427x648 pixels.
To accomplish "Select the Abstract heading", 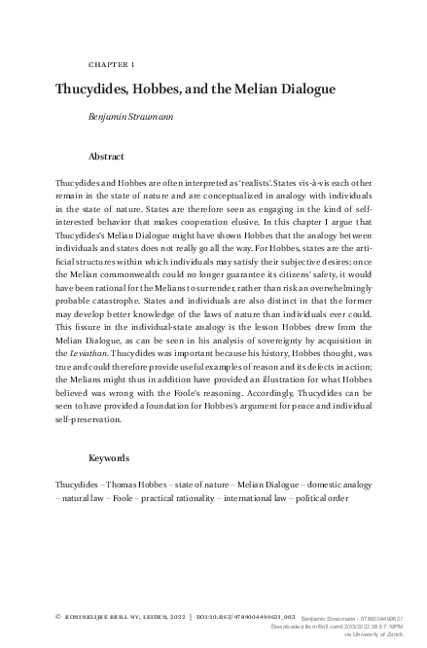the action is (x=106, y=155).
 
